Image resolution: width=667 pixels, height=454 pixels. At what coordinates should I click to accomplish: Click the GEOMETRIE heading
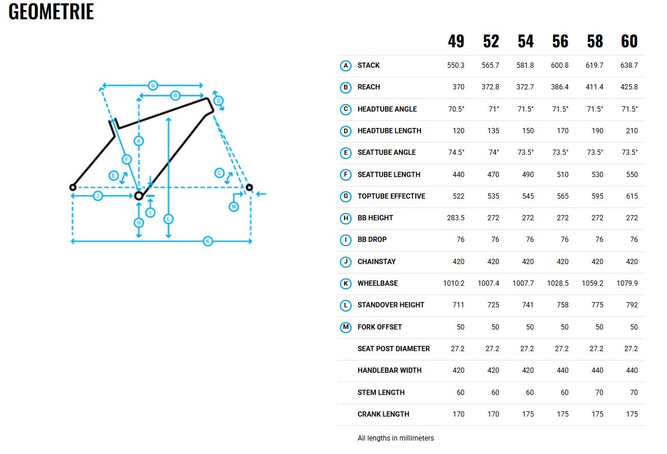51,12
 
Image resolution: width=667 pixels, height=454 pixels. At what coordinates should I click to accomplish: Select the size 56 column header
560,41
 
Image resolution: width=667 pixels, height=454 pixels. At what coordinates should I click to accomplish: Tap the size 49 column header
456,41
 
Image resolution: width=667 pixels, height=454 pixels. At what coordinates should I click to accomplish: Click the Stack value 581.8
525,65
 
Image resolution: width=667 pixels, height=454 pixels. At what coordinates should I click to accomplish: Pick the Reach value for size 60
629,87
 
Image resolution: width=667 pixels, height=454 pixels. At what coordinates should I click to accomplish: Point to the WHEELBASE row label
378,283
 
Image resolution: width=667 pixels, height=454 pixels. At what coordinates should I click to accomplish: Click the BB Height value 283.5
456,218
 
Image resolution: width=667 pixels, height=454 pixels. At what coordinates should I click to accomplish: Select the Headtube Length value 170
563,131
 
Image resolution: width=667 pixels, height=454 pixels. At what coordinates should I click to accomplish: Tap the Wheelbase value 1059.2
592,283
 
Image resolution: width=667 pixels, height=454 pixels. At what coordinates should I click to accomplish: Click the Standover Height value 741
528,305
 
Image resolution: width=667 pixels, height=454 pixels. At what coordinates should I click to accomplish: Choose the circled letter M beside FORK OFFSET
345,327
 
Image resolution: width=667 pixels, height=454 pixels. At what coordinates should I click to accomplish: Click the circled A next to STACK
345,65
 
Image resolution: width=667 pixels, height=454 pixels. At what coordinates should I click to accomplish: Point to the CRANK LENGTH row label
383,414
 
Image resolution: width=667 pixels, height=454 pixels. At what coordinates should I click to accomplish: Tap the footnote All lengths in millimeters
395,438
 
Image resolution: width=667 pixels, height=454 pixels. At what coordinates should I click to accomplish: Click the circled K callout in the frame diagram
207,241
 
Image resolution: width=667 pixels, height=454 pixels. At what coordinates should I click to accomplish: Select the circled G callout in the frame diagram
152,85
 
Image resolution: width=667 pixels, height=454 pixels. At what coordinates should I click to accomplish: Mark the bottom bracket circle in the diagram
138,196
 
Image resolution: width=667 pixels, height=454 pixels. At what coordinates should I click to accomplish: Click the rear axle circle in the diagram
73,187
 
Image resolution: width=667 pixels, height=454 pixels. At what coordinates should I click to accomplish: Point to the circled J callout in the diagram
98,196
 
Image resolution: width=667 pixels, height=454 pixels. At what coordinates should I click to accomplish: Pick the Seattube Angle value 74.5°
456,153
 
